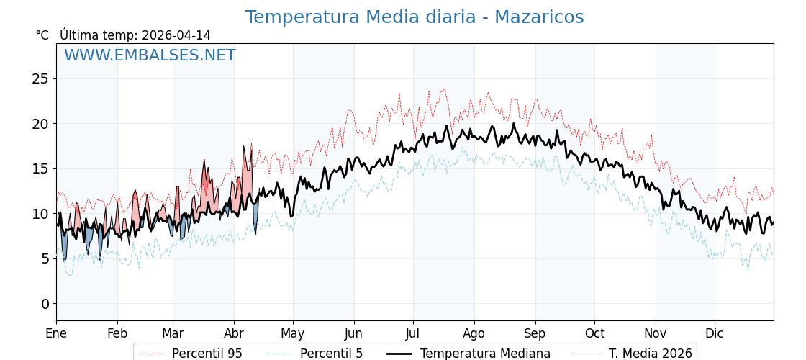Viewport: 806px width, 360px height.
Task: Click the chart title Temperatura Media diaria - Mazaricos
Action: [x=414, y=17]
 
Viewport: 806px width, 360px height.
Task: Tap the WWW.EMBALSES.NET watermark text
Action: [x=150, y=55]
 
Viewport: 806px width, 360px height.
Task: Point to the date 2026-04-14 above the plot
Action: [x=176, y=35]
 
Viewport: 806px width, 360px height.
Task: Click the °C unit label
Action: [x=42, y=35]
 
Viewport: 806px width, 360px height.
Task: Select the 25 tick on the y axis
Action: [x=40, y=78]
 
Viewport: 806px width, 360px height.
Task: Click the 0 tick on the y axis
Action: [x=45, y=304]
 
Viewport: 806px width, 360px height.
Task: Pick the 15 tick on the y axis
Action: [x=40, y=168]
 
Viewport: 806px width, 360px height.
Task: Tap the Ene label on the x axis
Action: [x=56, y=333]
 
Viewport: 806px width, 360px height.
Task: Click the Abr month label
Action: [x=234, y=333]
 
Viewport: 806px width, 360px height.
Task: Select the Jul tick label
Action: [x=413, y=333]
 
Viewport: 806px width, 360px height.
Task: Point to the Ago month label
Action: [x=474, y=333]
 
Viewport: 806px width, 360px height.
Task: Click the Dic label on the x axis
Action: [x=715, y=333]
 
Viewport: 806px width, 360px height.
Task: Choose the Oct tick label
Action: [x=594, y=333]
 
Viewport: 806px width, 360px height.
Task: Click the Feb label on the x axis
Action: [x=117, y=333]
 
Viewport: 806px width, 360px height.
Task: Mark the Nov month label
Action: [x=656, y=333]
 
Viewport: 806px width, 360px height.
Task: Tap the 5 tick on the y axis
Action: [x=45, y=258]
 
